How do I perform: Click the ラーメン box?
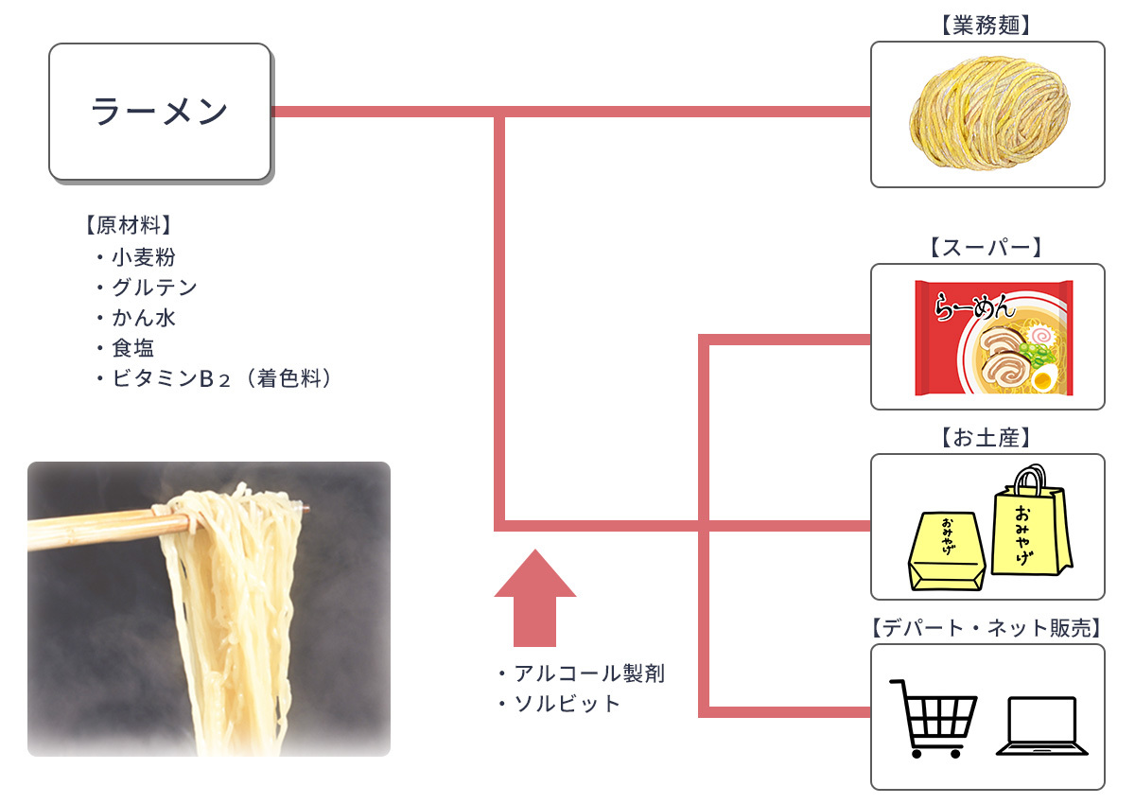pos(160,112)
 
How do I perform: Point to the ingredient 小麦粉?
pos(143,257)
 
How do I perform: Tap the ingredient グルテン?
pos(154,288)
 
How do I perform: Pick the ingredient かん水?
pos(143,318)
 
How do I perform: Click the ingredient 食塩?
pos(132,348)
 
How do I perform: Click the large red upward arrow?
pos(534,596)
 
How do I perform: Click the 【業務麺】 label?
pos(987,26)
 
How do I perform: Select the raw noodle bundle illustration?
pos(987,114)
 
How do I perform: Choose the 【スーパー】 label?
pos(987,248)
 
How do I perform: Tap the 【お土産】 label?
pos(987,438)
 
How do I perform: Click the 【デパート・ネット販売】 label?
pos(987,628)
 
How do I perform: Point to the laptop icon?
pos(1041,725)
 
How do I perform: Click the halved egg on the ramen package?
pos(1042,381)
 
